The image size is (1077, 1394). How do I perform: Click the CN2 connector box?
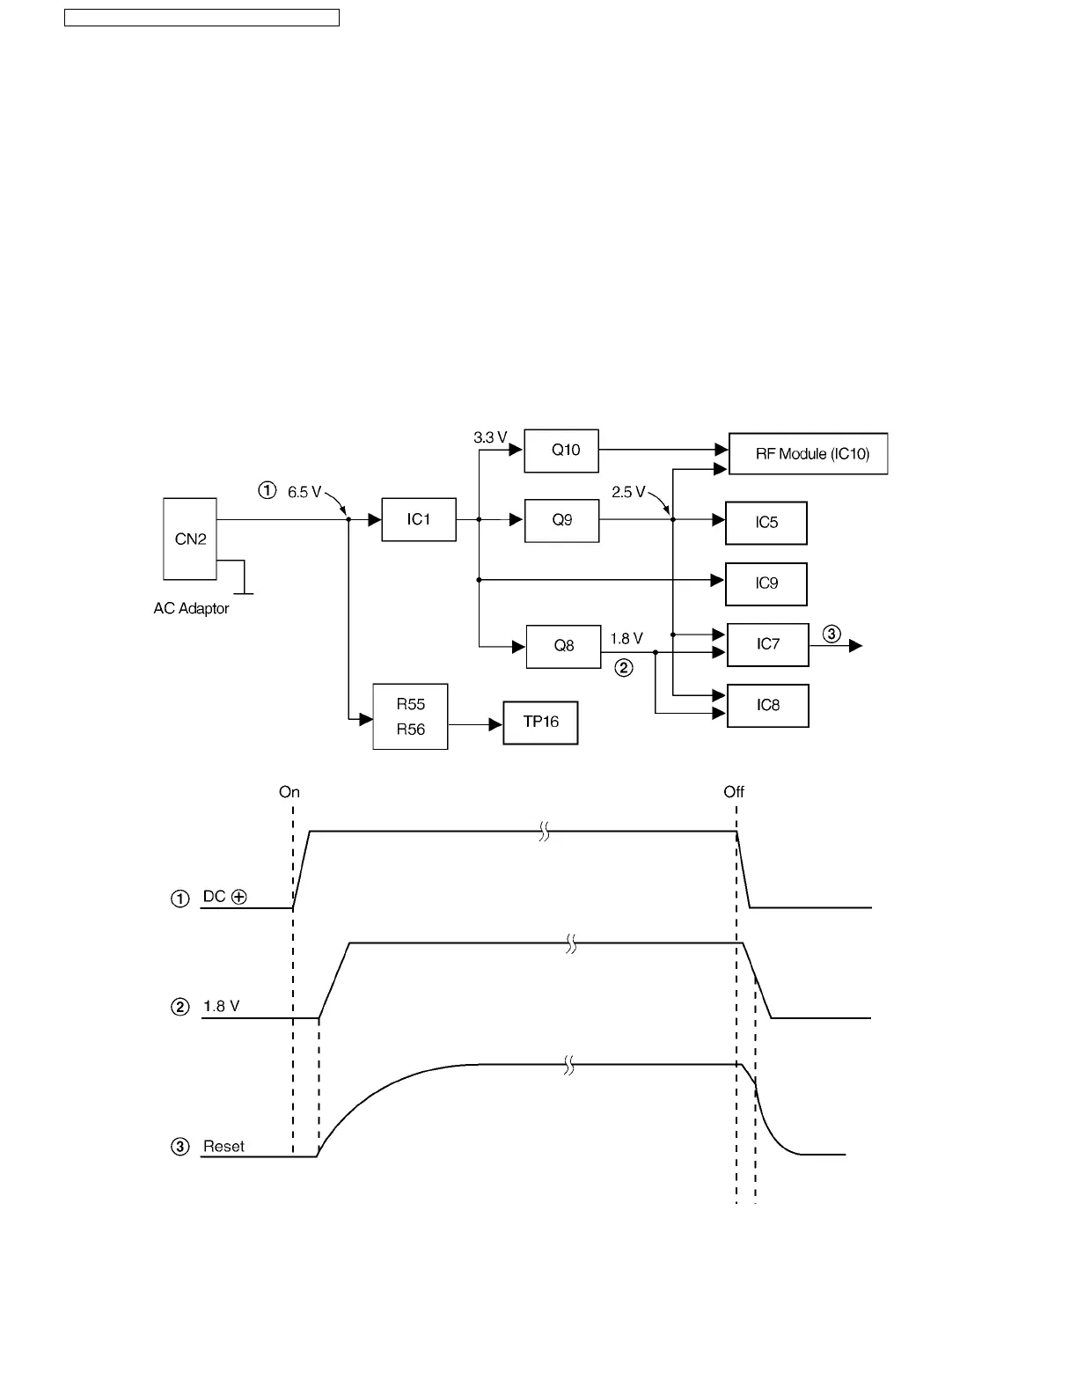(x=190, y=539)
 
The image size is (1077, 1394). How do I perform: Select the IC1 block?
(x=419, y=519)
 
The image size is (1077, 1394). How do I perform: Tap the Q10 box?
(x=561, y=451)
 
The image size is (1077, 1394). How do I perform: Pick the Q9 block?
(x=561, y=520)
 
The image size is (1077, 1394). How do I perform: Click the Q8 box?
(x=563, y=646)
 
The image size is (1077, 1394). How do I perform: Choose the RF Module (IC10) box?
(x=808, y=454)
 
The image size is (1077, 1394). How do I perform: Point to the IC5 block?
(x=766, y=523)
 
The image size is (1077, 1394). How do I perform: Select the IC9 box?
(x=766, y=583)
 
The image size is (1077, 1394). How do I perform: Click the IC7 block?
(x=767, y=644)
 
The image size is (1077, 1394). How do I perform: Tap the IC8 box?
(x=767, y=705)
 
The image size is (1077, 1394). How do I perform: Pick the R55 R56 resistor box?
(x=410, y=716)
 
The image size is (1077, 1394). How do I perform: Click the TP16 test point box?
(x=540, y=723)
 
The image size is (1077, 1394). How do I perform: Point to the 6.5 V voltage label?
(x=304, y=492)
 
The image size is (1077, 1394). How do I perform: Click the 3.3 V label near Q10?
(x=490, y=437)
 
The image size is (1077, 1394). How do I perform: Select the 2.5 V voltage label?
(x=628, y=492)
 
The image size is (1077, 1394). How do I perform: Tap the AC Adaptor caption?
(x=191, y=608)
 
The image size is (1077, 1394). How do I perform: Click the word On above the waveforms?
(x=289, y=792)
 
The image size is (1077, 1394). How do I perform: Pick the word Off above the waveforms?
(x=734, y=792)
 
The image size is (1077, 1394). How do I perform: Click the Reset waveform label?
(x=223, y=1147)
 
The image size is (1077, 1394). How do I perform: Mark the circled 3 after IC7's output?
(x=832, y=634)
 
